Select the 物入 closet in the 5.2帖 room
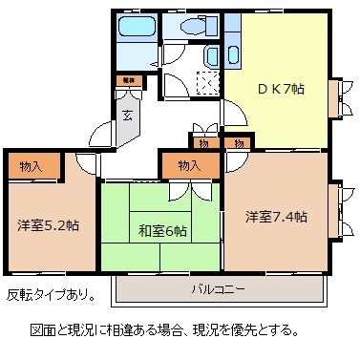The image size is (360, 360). click(31, 166)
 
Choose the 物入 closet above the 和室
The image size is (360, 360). click(188, 166)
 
